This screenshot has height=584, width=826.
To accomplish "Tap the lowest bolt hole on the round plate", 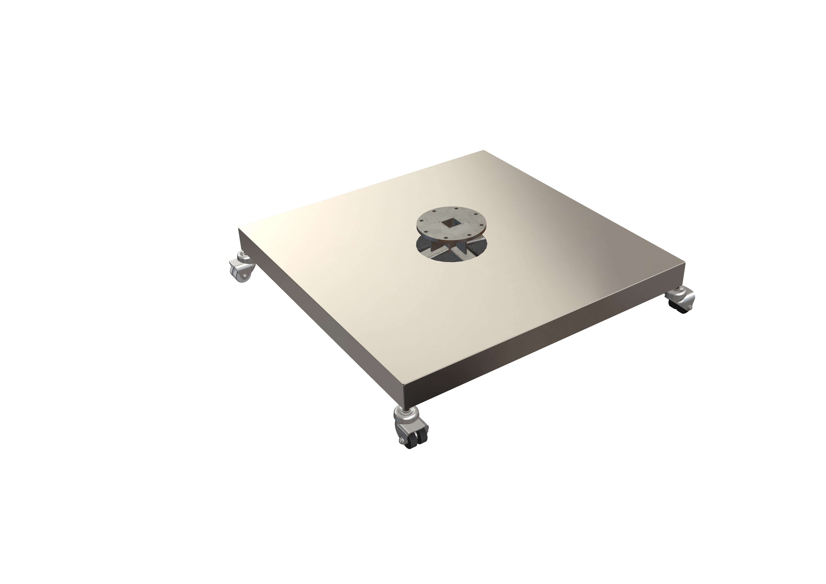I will click(x=446, y=238).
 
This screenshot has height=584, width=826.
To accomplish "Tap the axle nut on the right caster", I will click(x=690, y=308).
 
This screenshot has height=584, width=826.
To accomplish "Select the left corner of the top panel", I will click(x=239, y=228).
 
